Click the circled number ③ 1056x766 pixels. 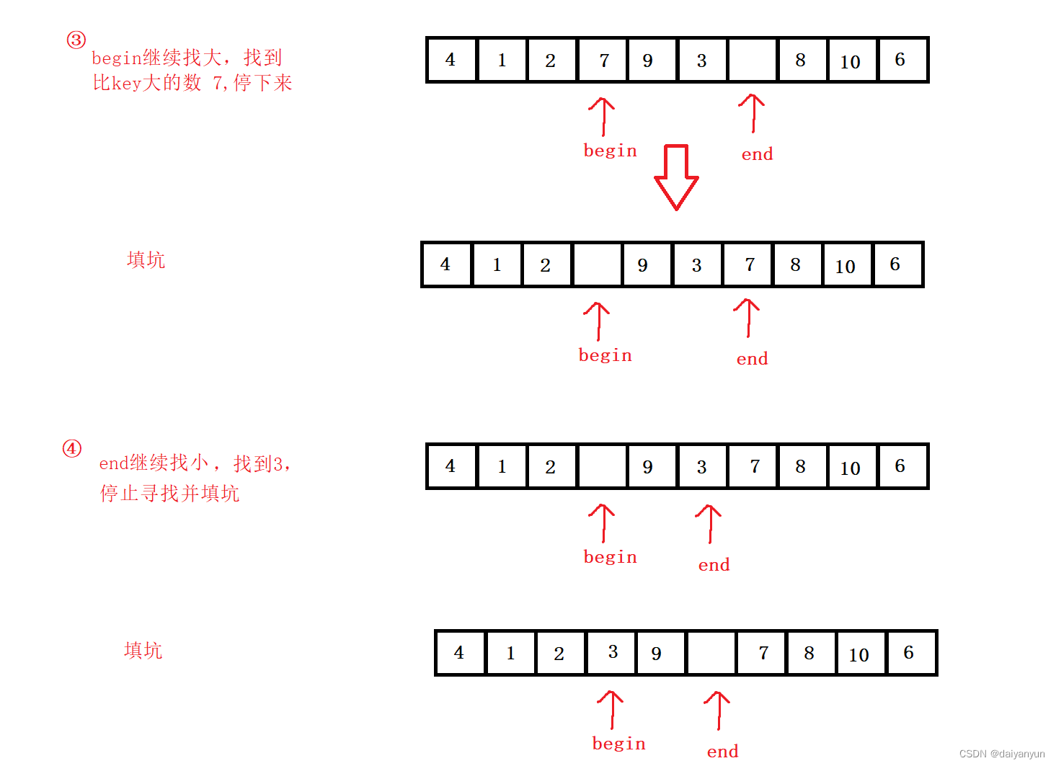point(76,40)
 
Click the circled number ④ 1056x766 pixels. point(72,448)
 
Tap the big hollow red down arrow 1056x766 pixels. point(676,177)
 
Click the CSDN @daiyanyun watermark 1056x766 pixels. point(1002,753)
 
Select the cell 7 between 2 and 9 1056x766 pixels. point(603,60)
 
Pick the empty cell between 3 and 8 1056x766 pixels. point(752,60)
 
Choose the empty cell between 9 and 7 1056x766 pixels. point(711,653)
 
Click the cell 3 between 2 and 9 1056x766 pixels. point(612,653)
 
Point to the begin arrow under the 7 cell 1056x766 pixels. point(602,117)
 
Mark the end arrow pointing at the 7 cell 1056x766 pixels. point(747,318)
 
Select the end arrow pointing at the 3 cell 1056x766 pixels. point(709,524)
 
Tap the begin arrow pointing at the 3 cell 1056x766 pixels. point(611,710)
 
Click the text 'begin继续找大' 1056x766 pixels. point(156,58)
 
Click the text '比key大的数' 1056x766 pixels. point(147,83)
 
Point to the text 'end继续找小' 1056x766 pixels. point(154,463)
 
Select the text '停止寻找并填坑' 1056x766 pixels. point(169,493)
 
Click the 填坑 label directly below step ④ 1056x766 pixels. point(143,650)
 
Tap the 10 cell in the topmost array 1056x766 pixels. point(851,61)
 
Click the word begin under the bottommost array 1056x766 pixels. point(619,744)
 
